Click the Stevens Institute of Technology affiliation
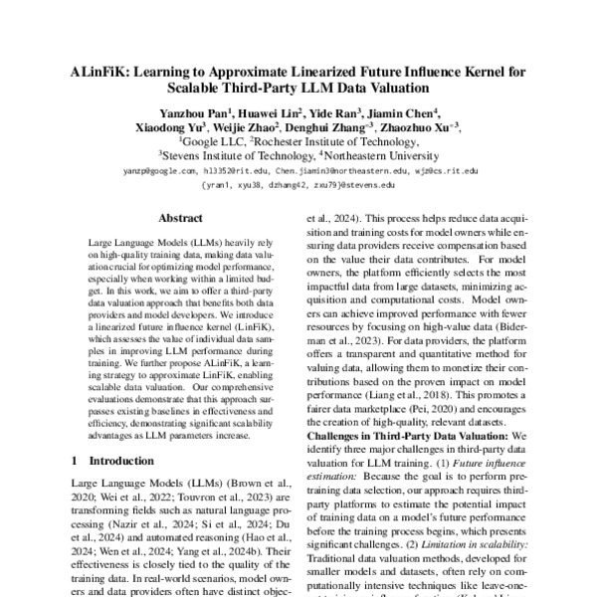[x=235, y=156]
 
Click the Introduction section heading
[x=108, y=461]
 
